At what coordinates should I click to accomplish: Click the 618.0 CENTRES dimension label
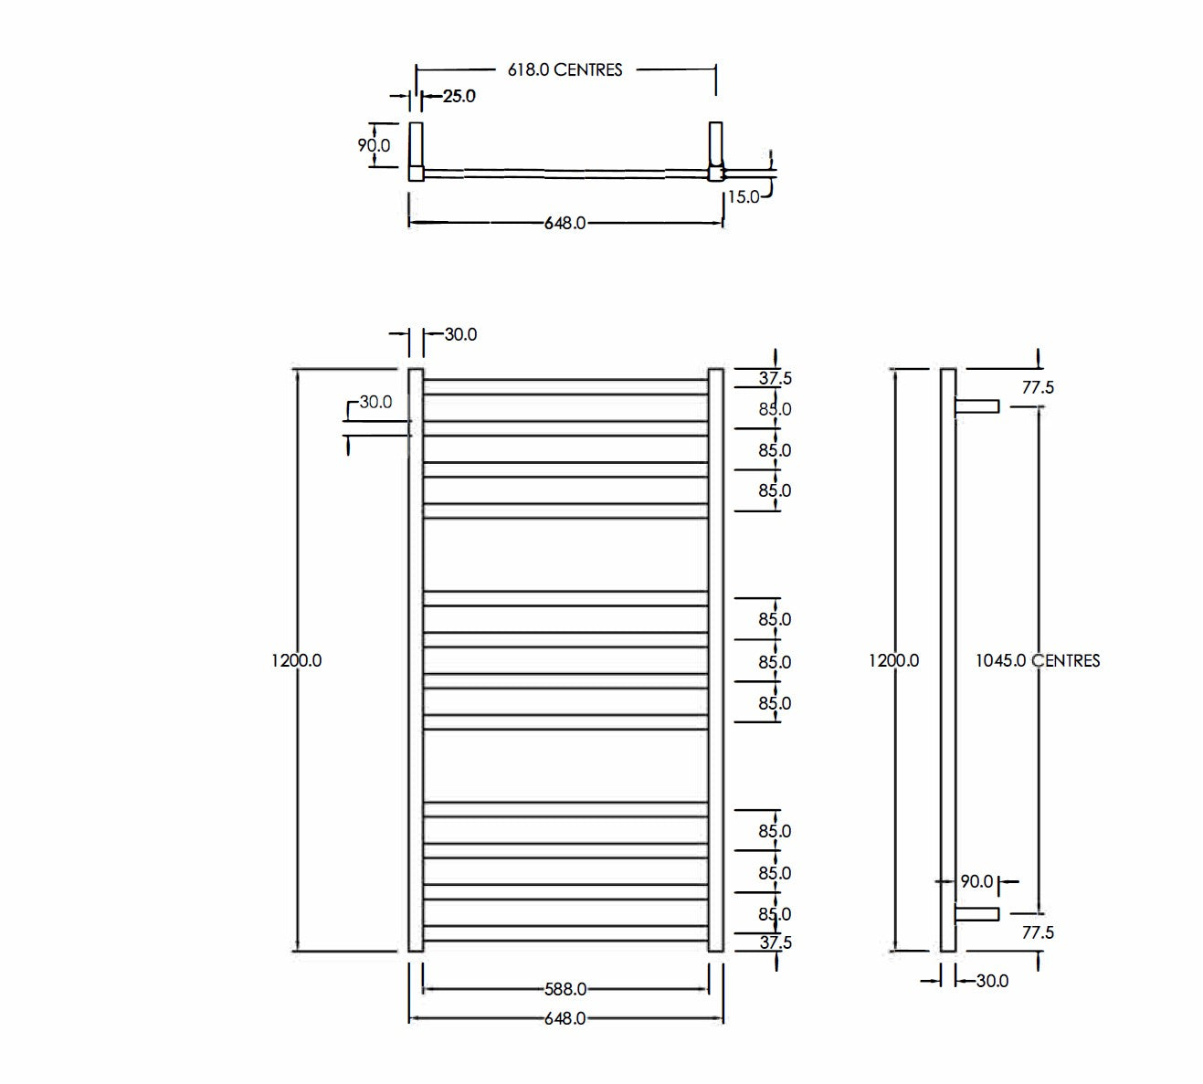[565, 69]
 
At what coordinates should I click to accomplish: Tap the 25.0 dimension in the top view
[459, 96]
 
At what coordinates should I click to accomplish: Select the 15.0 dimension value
[743, 196]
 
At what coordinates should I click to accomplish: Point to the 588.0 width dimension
[565, 989]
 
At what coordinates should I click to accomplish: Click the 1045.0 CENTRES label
[1037, 660]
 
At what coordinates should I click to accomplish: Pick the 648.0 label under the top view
[565, 223]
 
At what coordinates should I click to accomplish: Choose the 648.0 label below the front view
[565, 1018]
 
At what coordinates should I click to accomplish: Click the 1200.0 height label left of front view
[296, 660]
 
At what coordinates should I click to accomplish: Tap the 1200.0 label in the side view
[893, 660]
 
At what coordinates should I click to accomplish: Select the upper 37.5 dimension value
[775, 379]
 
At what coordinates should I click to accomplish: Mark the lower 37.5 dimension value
[775, 942]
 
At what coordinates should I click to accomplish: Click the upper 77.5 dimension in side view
[1038, 387]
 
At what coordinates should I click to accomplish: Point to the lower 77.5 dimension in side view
[1038, 932]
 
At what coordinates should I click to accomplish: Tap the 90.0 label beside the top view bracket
[374, 145]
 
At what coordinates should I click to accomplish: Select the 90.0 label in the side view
[976, 881]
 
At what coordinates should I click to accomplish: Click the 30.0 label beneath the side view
[992, 981]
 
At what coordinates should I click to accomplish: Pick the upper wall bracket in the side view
[976, 405]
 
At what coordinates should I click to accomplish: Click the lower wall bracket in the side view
[976, 913]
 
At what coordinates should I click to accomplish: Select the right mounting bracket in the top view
[715, 151]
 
